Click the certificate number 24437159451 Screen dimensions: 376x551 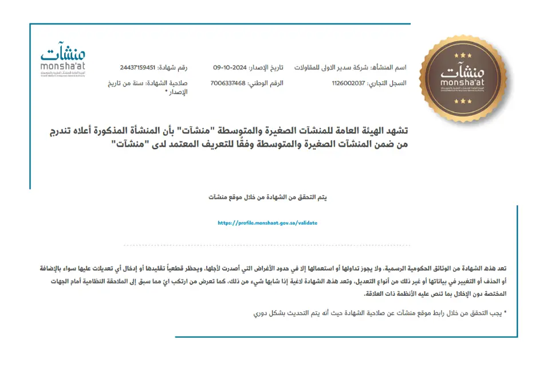coord(138,68)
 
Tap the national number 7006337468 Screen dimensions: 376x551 coord(228,83)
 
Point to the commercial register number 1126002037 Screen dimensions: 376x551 coord(348,83)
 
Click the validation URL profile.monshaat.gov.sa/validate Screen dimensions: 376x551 coord(267,223)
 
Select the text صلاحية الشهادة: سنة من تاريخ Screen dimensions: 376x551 coord(147,83)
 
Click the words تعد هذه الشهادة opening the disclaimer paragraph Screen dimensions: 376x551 coord(488,268)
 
